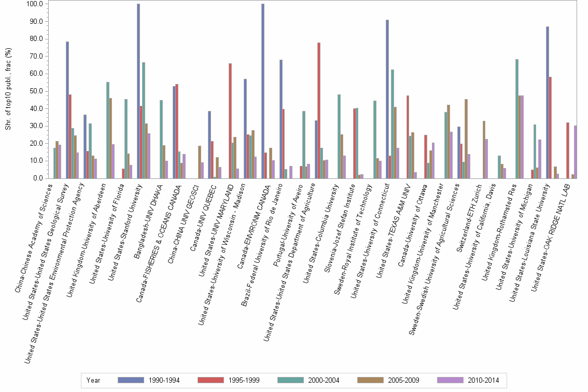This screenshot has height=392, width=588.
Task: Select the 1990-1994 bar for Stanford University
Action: [138, 91]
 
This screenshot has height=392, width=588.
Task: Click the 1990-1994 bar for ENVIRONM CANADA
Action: [263, 91]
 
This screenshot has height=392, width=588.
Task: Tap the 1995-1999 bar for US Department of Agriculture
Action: [319, 110]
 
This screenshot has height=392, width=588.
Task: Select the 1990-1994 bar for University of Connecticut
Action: [387, 99]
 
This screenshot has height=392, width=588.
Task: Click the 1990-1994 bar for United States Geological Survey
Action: [67, 110]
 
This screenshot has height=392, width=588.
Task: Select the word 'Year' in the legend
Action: [93, 380]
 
